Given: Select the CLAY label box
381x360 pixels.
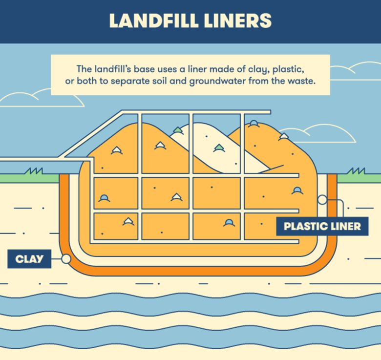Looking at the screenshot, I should [29, 259].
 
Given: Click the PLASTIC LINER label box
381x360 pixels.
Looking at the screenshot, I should [322, 227].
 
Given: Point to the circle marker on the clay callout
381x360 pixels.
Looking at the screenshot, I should [65, 259].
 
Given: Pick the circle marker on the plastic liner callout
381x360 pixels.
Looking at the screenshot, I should [322, 199].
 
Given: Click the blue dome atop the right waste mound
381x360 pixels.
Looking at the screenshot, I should [254, 123].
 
